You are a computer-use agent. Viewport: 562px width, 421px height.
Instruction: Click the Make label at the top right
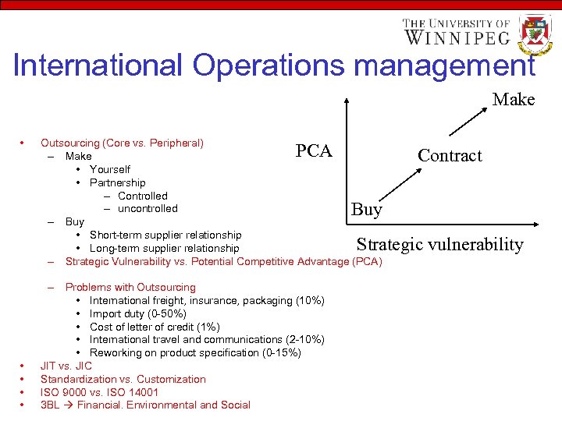pos(514,100)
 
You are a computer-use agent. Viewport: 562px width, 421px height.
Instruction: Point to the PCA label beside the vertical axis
pos(314,150)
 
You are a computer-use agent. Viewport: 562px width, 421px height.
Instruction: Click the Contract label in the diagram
pos(450,155)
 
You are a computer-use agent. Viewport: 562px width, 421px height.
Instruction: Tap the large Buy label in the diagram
pos(367,209)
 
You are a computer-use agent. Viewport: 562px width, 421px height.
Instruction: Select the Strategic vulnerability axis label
pos(440,244)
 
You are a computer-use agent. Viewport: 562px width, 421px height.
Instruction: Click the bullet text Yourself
pos(110,169)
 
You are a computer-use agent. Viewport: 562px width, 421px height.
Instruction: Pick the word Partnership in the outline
pos(117,182)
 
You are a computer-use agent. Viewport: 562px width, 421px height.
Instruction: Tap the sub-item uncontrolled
pos(148,208)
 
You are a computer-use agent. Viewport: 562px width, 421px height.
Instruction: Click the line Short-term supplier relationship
pos(165,235)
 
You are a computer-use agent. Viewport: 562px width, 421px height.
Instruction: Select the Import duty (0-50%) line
pos(138,313)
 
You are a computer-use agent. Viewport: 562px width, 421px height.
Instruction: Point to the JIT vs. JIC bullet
pos(66,366)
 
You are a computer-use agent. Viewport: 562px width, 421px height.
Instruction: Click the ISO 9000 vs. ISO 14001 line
pos(99,392)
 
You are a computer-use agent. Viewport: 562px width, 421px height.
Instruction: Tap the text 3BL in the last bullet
pos(50,405)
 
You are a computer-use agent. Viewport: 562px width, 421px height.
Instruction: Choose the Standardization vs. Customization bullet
pos(123,379)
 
